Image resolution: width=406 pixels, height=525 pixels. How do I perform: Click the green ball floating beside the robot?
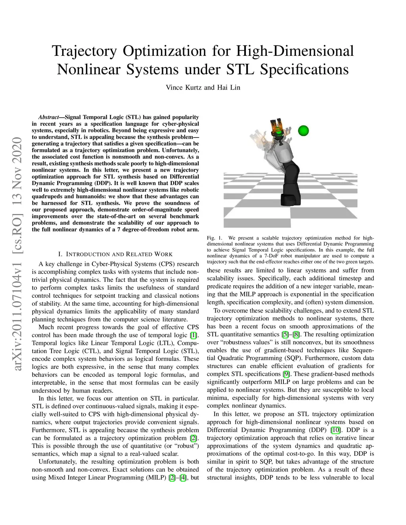[x=303, y=130]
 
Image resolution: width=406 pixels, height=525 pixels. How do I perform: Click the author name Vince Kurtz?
[x=184, y=88]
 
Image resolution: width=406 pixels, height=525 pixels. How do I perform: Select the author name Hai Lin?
[x=228, y=88]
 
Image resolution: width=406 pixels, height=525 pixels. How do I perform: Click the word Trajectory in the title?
[x=84, y=51]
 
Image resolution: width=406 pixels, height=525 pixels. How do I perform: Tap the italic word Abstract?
[x=48, y=117]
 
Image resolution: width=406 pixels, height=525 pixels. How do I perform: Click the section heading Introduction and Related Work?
[x=115, y=254]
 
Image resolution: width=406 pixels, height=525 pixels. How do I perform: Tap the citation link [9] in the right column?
[x=285, y=374]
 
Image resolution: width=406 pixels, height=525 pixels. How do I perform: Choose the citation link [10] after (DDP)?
[x=336, y=430]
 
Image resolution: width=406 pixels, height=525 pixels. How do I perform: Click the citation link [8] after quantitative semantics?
[x=296, y=334]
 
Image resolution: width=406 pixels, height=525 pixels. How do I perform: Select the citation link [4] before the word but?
[x=183, y=477]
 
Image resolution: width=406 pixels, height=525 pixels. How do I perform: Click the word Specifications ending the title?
[x=304, y=69]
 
